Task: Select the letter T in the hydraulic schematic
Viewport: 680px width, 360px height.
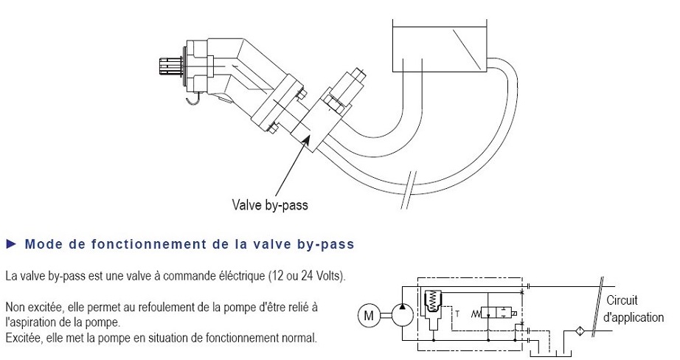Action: pos(459,314)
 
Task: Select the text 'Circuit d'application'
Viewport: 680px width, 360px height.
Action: pos(633,309)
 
